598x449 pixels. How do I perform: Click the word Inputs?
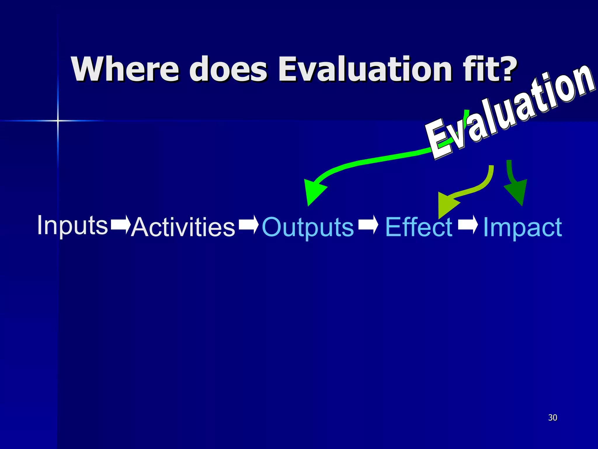tap(72, 225)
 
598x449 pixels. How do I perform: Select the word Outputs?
tap(308, 227)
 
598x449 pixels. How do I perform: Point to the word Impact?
tap(522, 227)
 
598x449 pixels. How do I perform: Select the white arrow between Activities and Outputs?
tap(248, 224)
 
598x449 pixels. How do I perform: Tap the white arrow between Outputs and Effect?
tap(368, 224)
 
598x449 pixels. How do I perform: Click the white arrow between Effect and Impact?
tap(468, 224)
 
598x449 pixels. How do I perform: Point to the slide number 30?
tap(552, 417)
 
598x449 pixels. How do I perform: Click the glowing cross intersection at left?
tap(58, 120)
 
